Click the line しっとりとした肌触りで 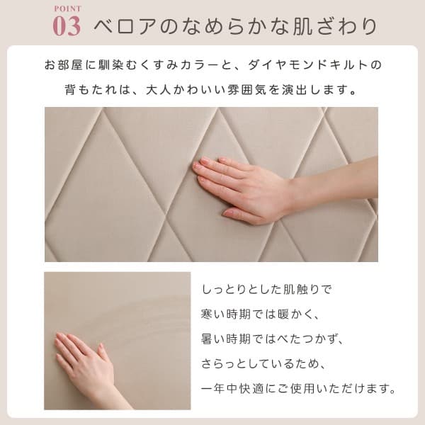pos(266,290)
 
